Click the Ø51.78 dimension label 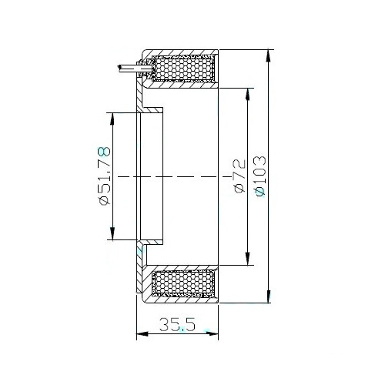(105, 176)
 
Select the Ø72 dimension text (239, 176)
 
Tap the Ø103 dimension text (259, 176)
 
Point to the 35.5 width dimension (177, 324)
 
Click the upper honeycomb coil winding (184, 68)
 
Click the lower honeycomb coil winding (184, 283)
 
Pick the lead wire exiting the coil (129, 68)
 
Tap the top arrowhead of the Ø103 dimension (269, 55)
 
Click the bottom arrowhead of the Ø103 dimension (269, 296)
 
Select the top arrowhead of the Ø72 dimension (248, 95)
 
